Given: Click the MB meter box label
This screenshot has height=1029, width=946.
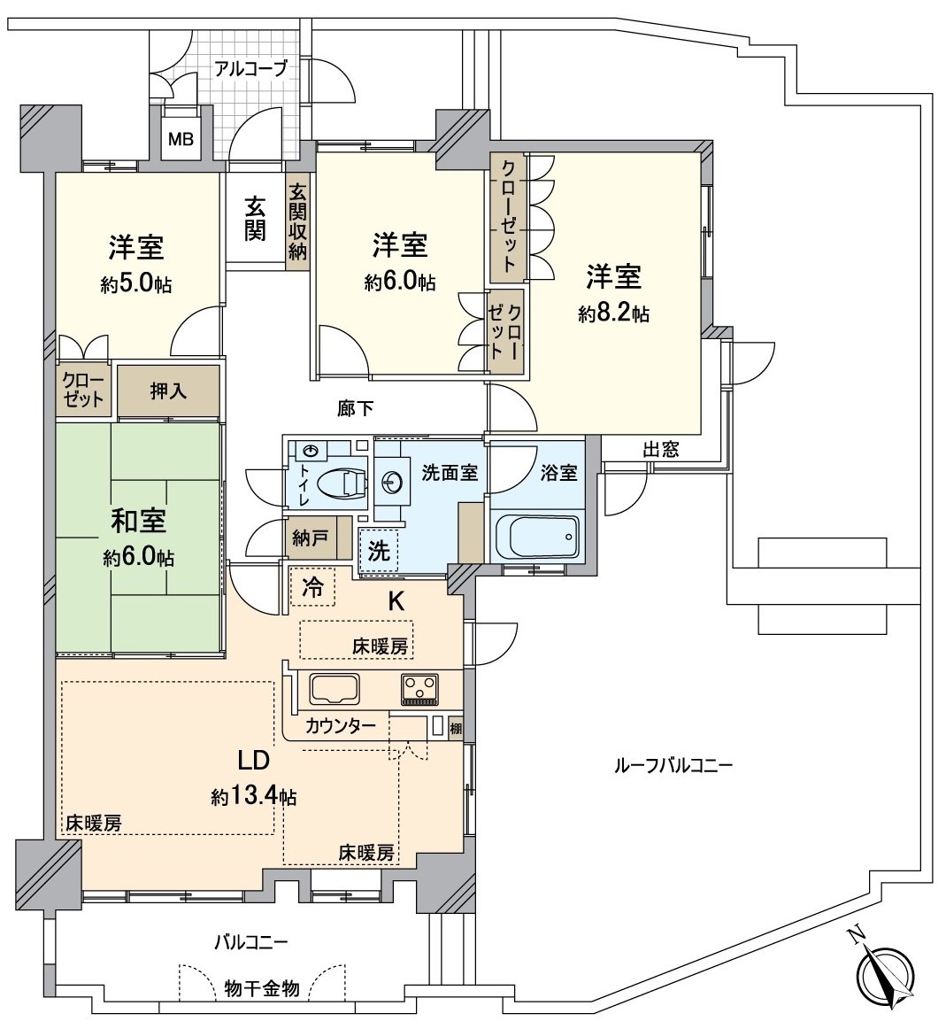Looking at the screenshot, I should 180,139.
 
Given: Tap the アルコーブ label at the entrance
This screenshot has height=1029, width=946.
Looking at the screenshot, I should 251,68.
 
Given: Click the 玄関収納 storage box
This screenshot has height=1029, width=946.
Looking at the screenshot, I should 297,220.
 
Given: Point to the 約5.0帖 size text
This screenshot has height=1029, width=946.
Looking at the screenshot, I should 136,284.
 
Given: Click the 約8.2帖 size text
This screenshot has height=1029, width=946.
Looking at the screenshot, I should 613,313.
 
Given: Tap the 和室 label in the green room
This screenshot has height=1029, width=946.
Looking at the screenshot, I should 138,521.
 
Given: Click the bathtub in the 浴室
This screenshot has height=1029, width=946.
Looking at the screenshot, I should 536,535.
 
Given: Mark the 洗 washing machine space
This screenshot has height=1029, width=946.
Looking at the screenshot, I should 379,552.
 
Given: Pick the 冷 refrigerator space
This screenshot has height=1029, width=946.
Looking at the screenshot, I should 312,586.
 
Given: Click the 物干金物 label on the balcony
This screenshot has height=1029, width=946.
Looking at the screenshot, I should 262,987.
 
